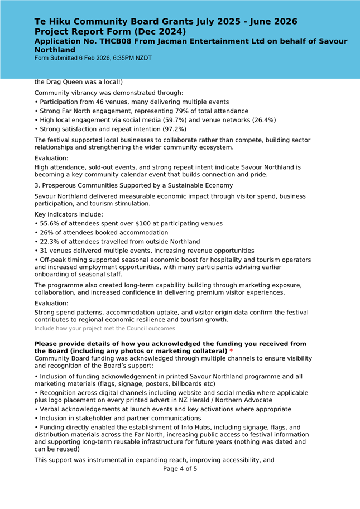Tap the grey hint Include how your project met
[x=104, y=329]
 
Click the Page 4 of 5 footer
[x=180, y=469]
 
